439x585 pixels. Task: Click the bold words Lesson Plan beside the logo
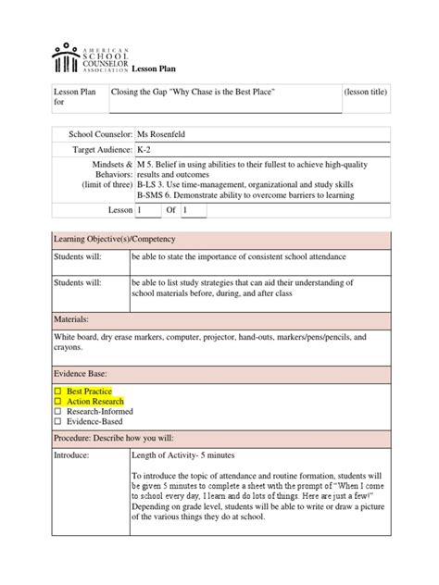point(145,69)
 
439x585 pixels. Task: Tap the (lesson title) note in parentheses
point(365,93)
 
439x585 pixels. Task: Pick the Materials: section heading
point(76,318)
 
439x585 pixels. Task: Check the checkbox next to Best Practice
point(57,392)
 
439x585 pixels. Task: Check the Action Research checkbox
point(57,403)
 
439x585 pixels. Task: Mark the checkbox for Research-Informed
point(57,413)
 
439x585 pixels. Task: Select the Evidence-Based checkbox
point(57,423)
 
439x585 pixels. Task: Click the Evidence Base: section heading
point(84,371)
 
